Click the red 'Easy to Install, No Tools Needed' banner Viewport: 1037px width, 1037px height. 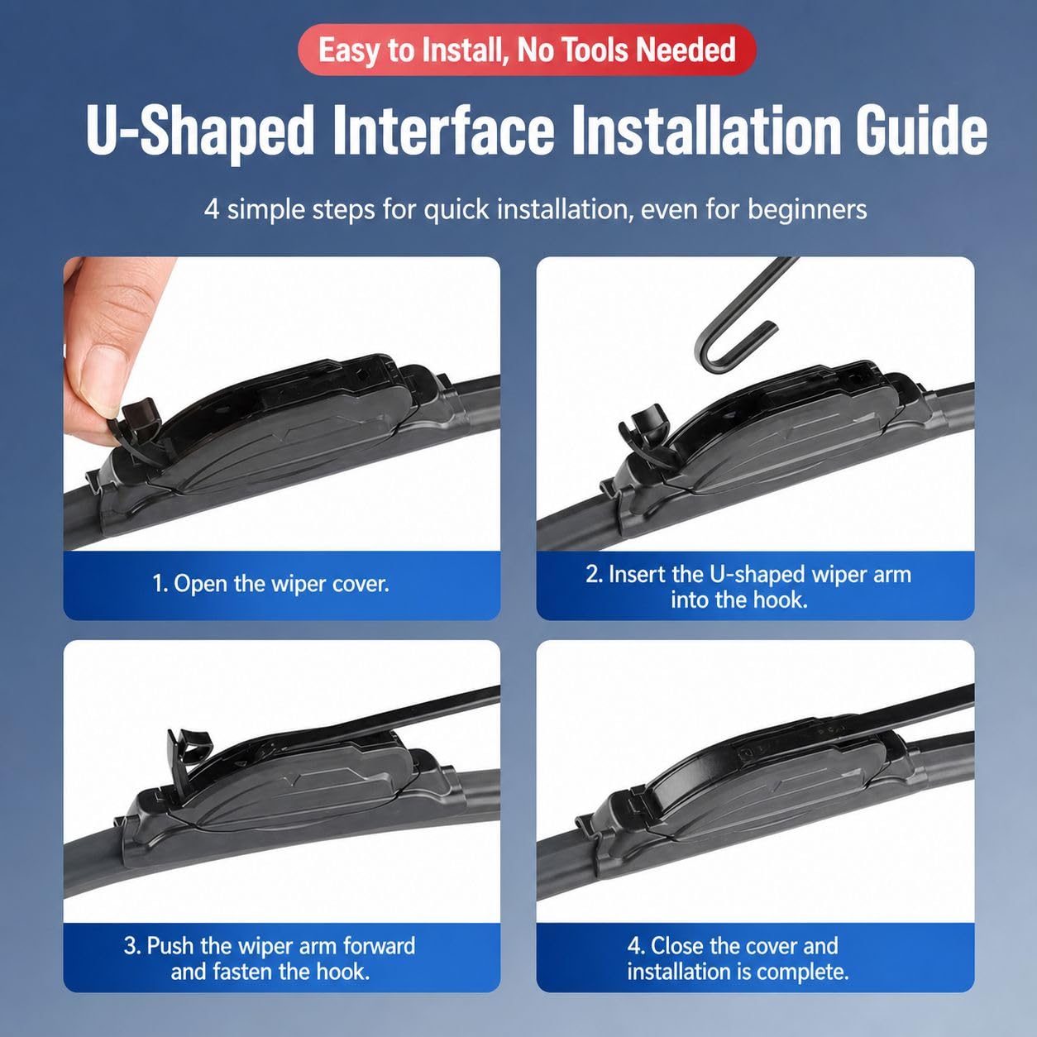pos(527,50)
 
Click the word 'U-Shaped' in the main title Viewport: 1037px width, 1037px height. pos(199,131)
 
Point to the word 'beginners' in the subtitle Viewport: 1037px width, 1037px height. pos(807,209)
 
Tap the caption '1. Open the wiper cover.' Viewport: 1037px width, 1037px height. pos(270,584)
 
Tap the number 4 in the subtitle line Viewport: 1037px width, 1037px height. pos(212,210)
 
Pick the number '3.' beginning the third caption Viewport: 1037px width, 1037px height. pos(131,946)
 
